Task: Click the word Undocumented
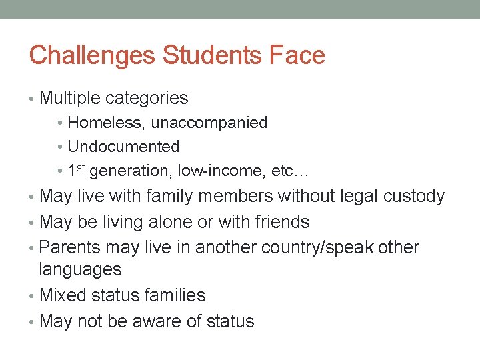pos(123,147)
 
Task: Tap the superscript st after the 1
pos(82,167)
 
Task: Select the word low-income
pos(223,171)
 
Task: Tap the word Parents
pos(70,247)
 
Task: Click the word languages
pos(81,270)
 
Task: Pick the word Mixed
pos(63,295)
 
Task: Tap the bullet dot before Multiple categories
pos(33,99)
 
